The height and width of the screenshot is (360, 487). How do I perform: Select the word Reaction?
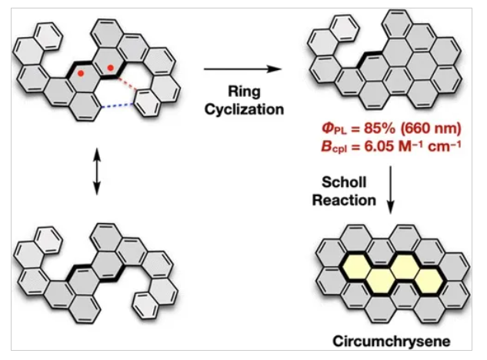(349, 200)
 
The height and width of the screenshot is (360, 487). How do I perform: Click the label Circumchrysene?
(391, 339)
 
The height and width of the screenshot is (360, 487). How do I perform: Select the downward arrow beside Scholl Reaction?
(391, 192)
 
